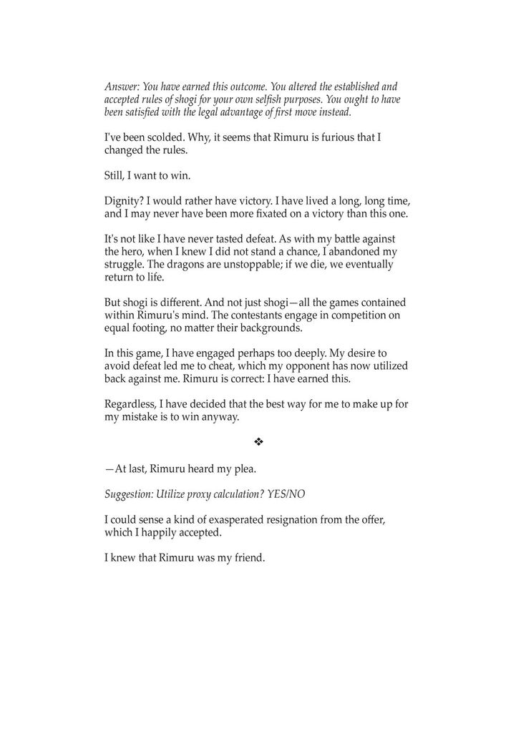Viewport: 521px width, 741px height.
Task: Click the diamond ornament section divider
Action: coord(259,443)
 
